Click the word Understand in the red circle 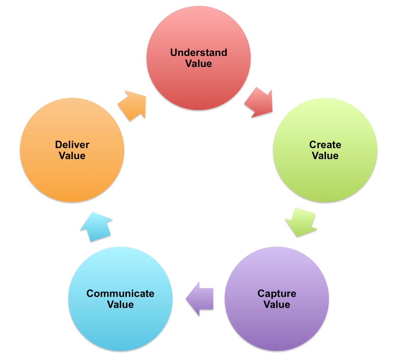click(198, 53)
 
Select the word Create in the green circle click(325, 145)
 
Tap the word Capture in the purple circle click(277, 293)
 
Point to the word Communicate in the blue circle click(120, 293)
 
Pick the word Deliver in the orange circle click(72, 145)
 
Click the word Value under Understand click(198, 64)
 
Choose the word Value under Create click(325, 156)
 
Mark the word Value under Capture click(277, 304)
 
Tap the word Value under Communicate click(120, 304)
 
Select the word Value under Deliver click(72, 156)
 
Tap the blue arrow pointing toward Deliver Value click(95, 226)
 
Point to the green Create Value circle click(325, 177)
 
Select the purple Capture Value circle click(277, 326)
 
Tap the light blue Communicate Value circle click(120, 326)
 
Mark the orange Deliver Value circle click(72, 177)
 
